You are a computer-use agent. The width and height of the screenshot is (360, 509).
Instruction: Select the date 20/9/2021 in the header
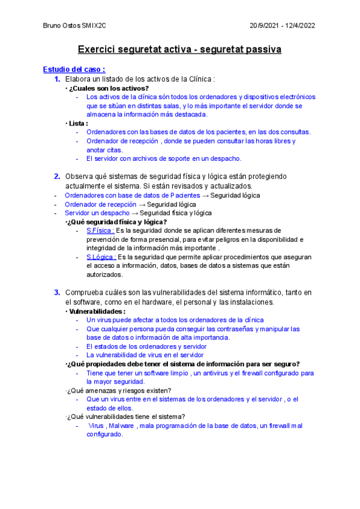click(x=266, y=25)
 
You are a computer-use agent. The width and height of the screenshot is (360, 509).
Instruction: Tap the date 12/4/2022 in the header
click(x=299, y=25)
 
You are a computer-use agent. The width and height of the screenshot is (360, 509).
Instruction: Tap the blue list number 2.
click(x=57, y=176)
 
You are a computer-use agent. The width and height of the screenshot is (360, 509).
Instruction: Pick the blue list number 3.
click(x=57, y=292)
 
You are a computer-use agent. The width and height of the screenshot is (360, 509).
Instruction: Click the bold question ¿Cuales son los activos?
click(x=109, y=88)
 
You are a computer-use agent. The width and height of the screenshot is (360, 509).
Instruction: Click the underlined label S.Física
click(x=100, y=230)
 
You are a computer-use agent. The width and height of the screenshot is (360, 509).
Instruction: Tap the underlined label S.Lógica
click(x=101, y=257)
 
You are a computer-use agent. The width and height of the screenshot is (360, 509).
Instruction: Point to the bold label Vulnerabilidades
click(x=97, y=312)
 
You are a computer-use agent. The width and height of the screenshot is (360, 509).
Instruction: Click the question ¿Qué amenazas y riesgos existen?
click(x=121, y=391)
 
